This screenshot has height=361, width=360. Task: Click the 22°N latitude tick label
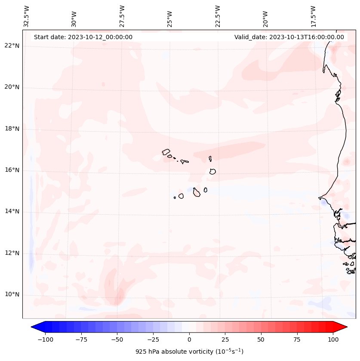point(12,46)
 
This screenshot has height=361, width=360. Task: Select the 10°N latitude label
point(12,295)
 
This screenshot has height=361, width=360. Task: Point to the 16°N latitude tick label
point(12,170)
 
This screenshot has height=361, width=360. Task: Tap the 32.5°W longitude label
point(27,16)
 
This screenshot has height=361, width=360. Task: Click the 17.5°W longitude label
point(313,16)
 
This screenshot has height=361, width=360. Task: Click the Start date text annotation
point(83,37)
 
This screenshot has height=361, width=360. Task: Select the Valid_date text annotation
point(289,37)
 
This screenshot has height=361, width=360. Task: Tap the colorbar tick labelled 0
point(189,339)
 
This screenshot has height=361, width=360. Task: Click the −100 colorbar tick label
point(45,339)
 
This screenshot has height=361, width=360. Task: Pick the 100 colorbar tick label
point(333,339)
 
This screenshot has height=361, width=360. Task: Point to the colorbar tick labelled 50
point(261,339)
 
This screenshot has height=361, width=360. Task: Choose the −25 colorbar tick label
point(153,339)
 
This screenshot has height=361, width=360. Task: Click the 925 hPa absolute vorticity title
point(189,352)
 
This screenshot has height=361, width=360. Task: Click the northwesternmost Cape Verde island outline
point(166,151)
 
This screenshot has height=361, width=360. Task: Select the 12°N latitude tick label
point(12,253)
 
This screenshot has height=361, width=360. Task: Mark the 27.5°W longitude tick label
point(122,16)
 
